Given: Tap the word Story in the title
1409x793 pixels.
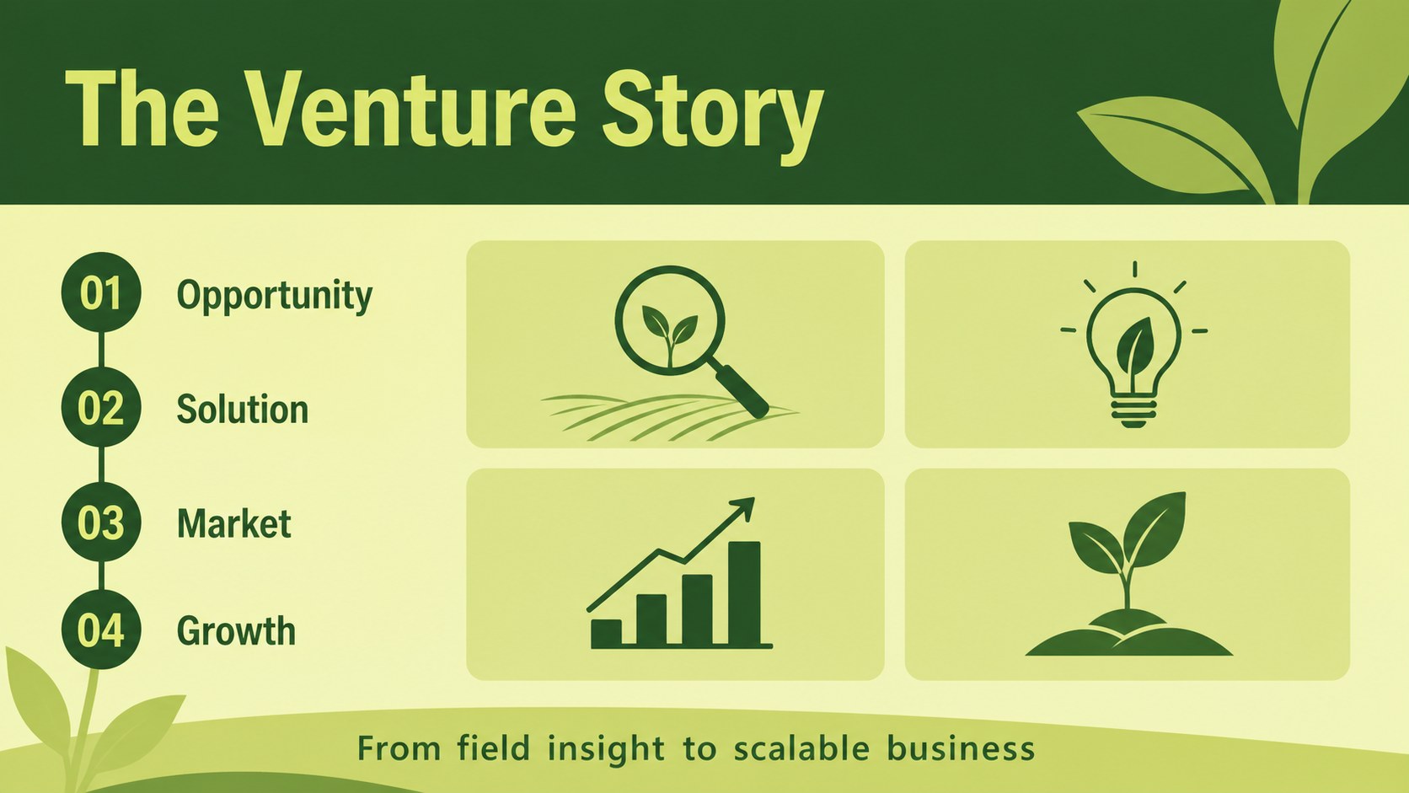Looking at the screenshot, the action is (x=713, y=117).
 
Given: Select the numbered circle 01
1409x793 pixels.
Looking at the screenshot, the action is (x=100, y=292).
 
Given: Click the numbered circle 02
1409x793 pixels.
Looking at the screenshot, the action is (x=100, y=407).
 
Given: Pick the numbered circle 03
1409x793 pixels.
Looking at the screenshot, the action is (x=100, y=522).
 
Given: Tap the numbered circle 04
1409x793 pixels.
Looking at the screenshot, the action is (x=100, y=630).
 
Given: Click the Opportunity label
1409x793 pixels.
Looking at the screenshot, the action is (x=274, y=296).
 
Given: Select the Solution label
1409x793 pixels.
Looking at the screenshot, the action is (x=242, y=410).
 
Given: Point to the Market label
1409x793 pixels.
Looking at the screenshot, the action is (x=234, y=523).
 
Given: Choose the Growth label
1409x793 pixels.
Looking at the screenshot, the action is (x=236, y=630).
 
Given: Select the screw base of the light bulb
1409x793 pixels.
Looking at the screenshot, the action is (x=1133, y=412).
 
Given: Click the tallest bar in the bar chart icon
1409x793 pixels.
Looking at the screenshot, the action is (x=744, y=593).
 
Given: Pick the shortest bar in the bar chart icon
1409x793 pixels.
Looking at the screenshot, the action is (x=607, y=633).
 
